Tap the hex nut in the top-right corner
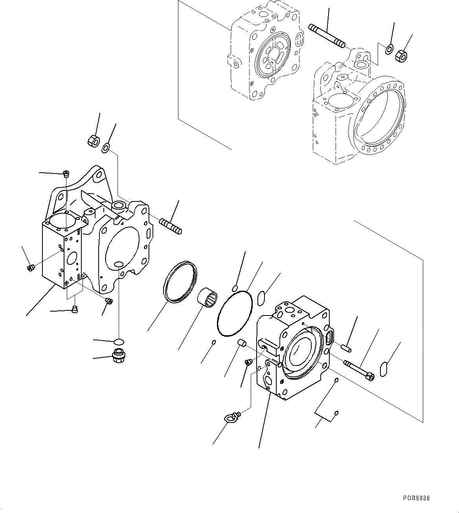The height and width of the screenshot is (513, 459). tap(401, 56)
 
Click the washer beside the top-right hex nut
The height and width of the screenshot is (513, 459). tap(389, 49)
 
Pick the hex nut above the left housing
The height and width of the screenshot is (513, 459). tap(93, 140)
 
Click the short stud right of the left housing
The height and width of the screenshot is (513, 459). tap(170, 227)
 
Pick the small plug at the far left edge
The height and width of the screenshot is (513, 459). tap(31, 268)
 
